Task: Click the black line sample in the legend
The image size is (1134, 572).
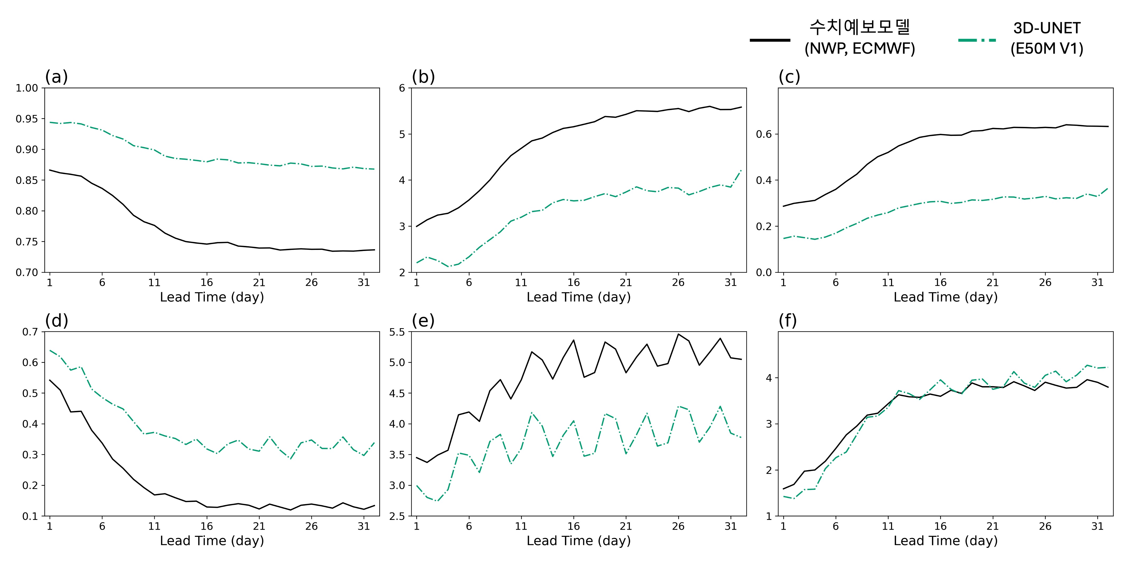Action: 770,40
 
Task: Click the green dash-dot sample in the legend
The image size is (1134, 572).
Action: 977,40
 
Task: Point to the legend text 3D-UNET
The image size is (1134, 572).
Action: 1046,28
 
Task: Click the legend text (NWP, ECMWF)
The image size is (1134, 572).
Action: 859,48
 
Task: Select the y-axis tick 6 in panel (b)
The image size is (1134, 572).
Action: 402,88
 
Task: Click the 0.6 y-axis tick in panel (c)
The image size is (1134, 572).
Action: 764,134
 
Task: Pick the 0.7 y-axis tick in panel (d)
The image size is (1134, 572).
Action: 30,332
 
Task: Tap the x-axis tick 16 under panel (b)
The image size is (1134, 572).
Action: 573,282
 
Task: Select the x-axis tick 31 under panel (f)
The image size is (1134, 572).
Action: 1097,526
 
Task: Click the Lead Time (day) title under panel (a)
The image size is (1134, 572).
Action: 212,297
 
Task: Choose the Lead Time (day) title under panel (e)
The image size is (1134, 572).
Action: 578,541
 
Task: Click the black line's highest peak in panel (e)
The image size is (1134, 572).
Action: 678,334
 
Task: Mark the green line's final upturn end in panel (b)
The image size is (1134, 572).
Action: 741,170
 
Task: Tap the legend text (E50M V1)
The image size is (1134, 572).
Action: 1046,48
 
